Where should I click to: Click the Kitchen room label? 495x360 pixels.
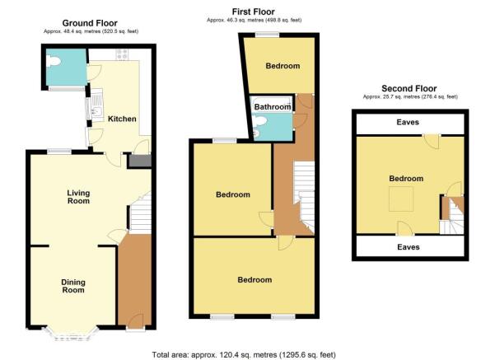[x=122, y=119]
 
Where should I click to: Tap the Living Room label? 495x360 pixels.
[x=78, y=197]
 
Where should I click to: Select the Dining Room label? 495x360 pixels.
[x=73, y=286]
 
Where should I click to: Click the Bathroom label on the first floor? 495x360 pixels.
[x=273, y=107]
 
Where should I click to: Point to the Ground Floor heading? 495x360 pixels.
[x=90, y=23]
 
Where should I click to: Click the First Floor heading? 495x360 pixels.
[x=253, y=12]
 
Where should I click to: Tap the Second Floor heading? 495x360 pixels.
[x=409, y=88]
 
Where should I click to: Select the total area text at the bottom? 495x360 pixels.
[x=244, y=354]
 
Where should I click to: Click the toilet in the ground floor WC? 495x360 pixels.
[x=53, y=61]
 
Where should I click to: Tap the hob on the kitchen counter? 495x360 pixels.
[x=122, y=54]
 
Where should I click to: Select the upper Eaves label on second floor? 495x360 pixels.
[x=408, y=122]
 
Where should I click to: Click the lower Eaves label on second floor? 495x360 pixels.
[x=409, y=247]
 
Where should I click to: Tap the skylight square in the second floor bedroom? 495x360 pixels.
[x=401, y=199]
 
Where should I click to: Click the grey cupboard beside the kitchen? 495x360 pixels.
[x=139, y=161]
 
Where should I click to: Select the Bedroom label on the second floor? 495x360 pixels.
[x=406, y=179]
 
